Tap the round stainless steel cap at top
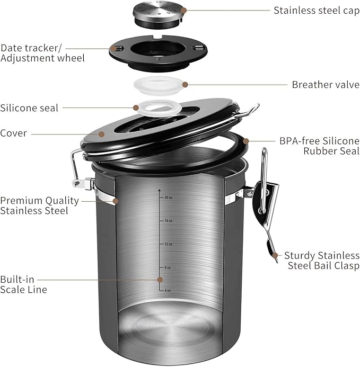point(158,13)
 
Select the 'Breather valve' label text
point(326,85)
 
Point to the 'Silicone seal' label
point(29,108)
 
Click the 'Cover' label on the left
point(14,133)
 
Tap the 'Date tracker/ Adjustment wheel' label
point(42,52)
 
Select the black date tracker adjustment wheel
point(158,51)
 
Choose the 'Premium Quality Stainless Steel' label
point(39,205)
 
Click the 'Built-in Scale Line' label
point(23,284)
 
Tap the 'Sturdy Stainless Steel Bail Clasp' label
point(321,260)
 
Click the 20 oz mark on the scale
point(168,197)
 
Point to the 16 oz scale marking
point(168,220)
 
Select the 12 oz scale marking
point(168,244)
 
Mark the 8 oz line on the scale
point(168,267)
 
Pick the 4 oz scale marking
point(168,290)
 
